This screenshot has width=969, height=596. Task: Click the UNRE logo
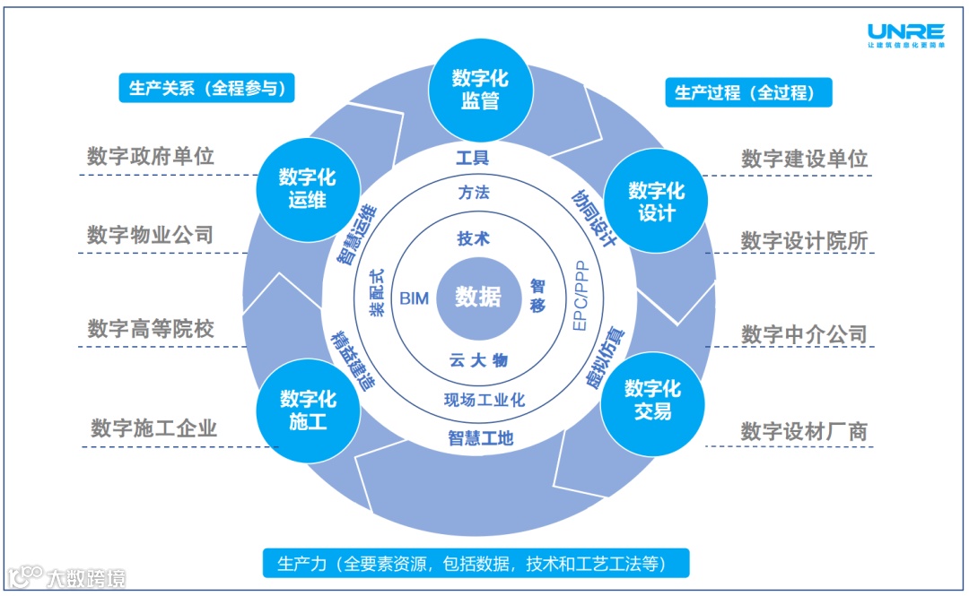906,34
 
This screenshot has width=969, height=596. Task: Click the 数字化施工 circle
308,410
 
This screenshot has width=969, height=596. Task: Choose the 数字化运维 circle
307,187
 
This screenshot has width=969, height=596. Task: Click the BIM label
414,298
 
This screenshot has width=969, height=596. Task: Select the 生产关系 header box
206,89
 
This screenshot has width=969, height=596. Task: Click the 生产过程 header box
748,92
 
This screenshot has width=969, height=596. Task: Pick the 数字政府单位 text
151,156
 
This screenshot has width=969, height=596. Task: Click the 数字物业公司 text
151,235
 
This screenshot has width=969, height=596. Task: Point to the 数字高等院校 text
151,328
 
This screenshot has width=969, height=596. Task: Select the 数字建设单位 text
804,159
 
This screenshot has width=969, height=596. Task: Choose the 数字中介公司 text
804,334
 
